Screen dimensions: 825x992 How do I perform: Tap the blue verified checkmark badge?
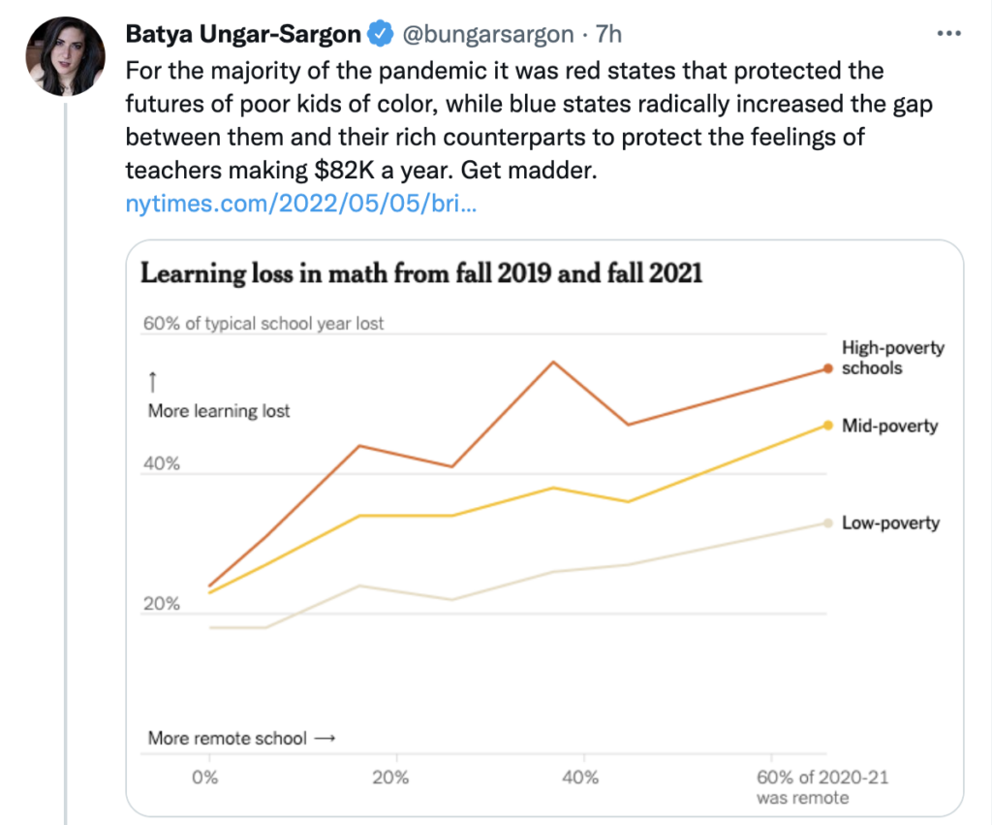pyautogui.click(x=380, y=35)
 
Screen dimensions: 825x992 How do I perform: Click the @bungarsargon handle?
pyautogui.click(x=487, y=35)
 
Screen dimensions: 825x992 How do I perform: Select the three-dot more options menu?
pyautogui.click(x=948, y=34)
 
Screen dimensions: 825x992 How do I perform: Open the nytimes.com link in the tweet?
pyautogui.click(x=300, y=205)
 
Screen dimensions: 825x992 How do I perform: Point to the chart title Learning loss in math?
pyautogui.click(x=421, y=273)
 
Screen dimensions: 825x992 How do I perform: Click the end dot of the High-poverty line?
pyautogui.click(x=828, y=368)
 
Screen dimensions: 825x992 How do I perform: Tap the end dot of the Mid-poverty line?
pyautogui.click(x=828, y=425)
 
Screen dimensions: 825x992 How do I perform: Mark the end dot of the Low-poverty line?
pyautogui.click(x=828, y=523)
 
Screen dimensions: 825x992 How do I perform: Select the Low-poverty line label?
pyautogui.click(x=890, y=523)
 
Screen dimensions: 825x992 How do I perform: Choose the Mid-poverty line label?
pyautogui.click(x=889, y=425)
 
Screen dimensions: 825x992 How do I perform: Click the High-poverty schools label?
pyautogui.click(x=892, y=358)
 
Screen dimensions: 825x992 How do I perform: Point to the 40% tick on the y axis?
pyautogui.click(x=162, y=463)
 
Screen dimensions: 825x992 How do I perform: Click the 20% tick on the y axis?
pyautogui.click(x=162, y=604)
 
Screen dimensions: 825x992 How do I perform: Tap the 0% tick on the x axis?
pyautogui.click(x=204, y=777)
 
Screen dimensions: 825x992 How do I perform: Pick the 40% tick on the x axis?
pyautogui.click(x=580, y=777)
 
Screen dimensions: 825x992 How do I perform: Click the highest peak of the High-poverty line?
pyautogui.click(x=553, y=362)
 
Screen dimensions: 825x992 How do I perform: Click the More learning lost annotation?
pyautogui.click(x=219, y=410)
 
